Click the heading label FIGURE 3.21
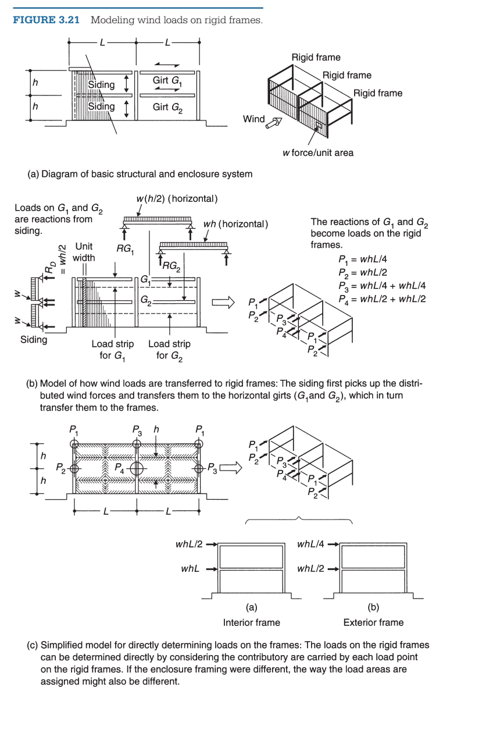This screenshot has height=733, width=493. pos(45,20)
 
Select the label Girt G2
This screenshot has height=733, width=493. pos(167,108)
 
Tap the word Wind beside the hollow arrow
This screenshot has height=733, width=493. pos(253,119)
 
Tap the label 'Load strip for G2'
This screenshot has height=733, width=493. pos(169,349)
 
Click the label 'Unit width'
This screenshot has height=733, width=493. pos(84,251)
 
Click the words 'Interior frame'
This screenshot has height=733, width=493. pos(251,622)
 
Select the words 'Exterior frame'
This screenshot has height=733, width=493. pos(373,622)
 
